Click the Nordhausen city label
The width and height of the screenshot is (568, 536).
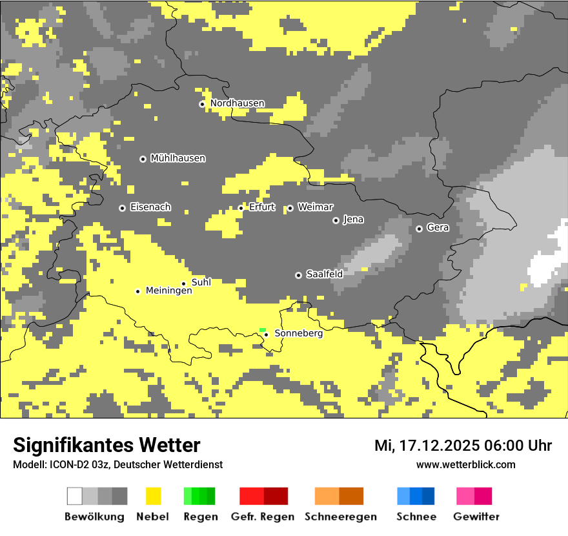coord(237,103)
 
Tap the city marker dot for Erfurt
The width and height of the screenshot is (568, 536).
coord(241,208)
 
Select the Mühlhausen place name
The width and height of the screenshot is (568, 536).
coord(177,158)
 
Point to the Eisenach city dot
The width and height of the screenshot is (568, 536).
coord(122,208)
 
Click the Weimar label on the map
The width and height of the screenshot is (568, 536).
coord(315,207)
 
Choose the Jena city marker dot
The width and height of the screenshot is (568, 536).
coord(336,220)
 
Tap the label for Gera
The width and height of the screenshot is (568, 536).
coord(438,228)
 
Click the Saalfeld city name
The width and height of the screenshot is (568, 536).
coord(324,274)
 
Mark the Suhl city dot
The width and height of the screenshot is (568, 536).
coord(183,283)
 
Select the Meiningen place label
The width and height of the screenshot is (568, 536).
coord(169,291)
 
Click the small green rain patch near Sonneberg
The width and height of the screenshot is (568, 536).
coord(263,330)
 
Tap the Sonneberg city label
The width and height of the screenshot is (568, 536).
coord(298,334)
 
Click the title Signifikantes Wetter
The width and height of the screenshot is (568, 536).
coord(107,445)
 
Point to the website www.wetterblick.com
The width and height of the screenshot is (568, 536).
coord(465,464)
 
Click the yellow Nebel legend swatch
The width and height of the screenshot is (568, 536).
coord(153,496)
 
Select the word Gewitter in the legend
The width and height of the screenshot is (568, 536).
coord(476,517)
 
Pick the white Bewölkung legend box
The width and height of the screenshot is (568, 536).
coord(75,496)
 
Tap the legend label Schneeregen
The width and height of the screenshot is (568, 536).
coord(340,517)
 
